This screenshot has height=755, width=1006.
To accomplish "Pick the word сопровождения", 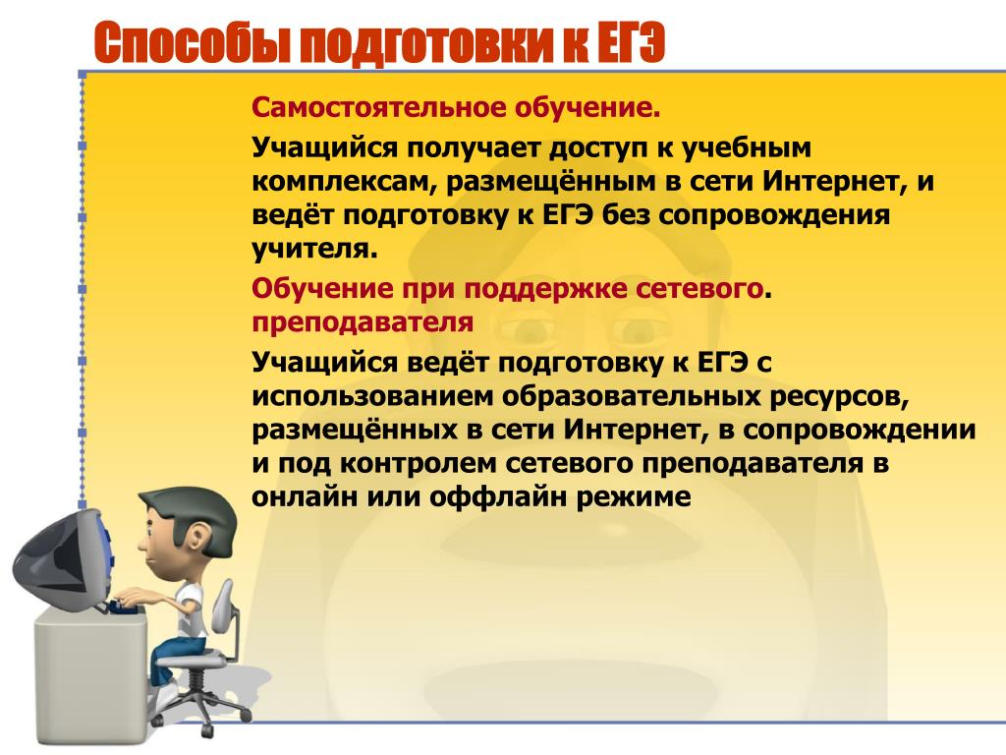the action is tap(774, 215).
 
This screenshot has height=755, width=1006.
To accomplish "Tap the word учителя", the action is tap(315, 249).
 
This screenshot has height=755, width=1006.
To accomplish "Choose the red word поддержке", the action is tap(545, 290).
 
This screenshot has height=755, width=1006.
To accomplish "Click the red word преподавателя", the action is tap(363, 322).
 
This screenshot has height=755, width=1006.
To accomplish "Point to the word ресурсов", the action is tap(840, 396).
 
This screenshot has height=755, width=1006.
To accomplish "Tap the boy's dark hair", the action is tap(193, 513).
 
